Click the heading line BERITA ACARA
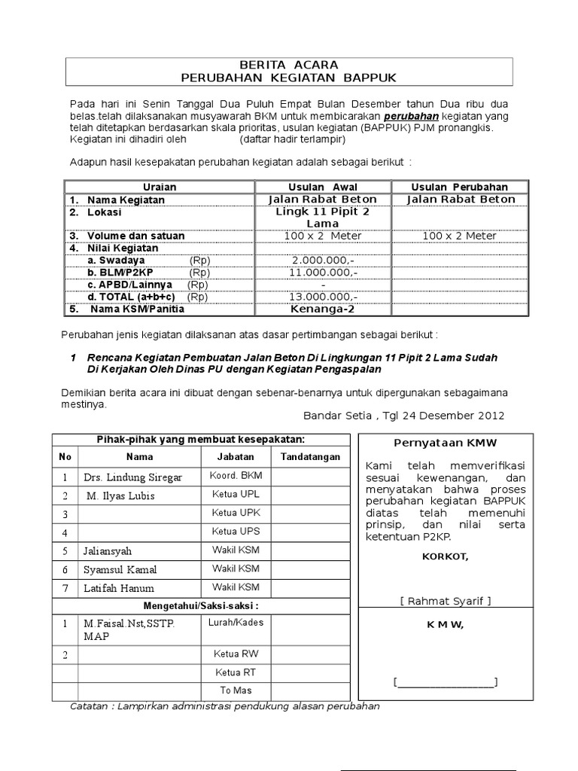point(289,65)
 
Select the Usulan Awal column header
point(323,187)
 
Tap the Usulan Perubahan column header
point(459,187)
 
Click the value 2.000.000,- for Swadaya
point(323,261)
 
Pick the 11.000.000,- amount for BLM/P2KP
point(323,273)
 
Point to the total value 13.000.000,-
point(323,297)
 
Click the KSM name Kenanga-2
point(323,309)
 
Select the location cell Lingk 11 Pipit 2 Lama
point(323,218)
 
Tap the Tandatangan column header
point(310,456)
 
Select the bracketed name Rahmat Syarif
point(446,600)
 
